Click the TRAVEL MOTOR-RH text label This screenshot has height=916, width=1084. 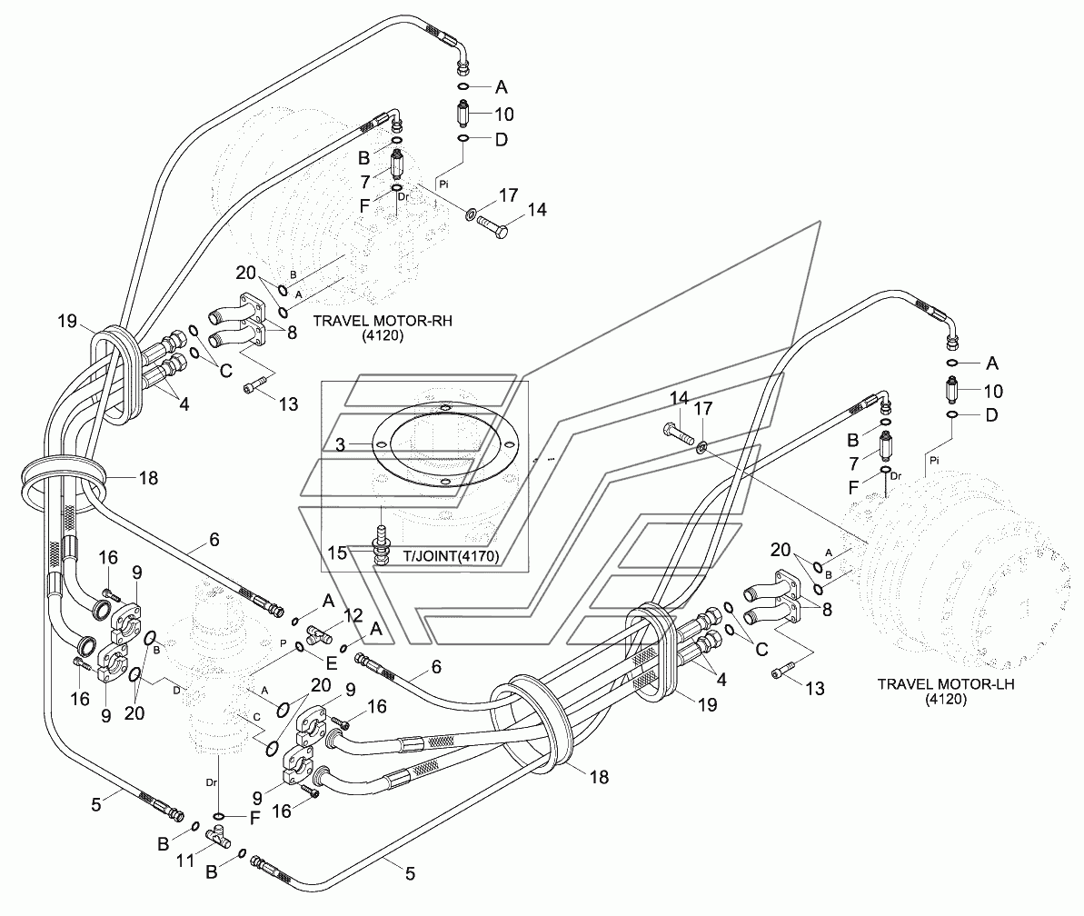383,322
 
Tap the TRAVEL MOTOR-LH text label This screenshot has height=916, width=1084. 946,684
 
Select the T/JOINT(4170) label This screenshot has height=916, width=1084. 452,555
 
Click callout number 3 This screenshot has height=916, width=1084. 340,444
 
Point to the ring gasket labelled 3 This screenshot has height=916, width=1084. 443,407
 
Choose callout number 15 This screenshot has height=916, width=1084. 337,553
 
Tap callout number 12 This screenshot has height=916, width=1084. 353,614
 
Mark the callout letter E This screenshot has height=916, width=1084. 331,663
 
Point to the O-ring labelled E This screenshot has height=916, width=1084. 300,647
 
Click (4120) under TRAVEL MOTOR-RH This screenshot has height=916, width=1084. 382,336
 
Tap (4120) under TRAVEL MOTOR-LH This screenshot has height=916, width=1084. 946,700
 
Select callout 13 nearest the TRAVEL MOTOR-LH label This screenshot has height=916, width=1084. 816,689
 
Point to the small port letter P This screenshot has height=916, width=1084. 283,642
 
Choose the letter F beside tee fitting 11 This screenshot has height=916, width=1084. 254,819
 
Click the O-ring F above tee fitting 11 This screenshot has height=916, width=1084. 219,816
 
